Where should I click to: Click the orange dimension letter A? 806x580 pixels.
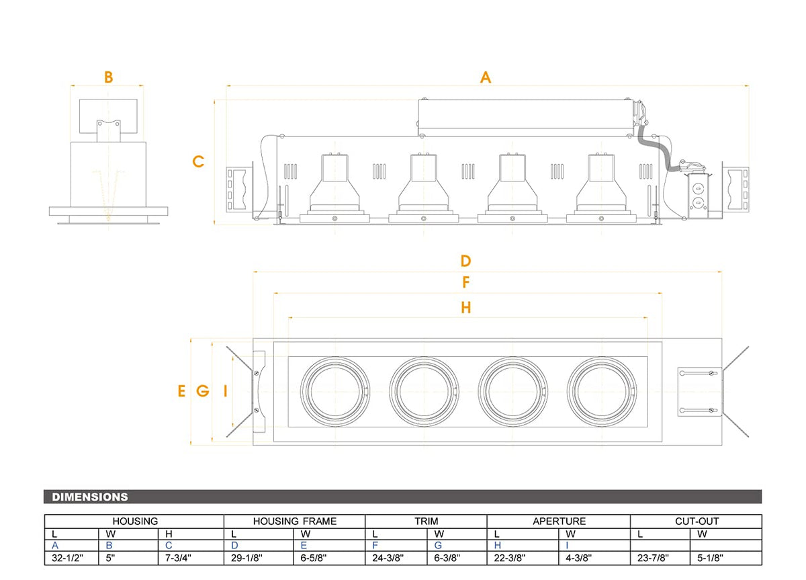(x=486, y=77)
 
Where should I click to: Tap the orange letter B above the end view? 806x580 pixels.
(x=109, y=77)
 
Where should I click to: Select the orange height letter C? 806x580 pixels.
(x=198, y=161)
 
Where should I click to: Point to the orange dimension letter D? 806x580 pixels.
(x=465, y=261)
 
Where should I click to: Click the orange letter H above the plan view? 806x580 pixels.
(x=465, y=308)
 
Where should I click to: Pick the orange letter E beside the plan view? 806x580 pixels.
(x=181, y=391)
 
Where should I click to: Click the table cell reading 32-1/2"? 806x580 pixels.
(x=67, y=558)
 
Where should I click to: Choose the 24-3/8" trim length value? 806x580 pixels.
(x=388, y=558)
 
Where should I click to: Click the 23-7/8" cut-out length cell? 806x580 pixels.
(x=653, y=558)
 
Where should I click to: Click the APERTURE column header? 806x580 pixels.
(x=559, y=521)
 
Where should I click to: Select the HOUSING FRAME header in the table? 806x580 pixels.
(x=295, y=521)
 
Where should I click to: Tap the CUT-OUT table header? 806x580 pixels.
(x=697, y=521)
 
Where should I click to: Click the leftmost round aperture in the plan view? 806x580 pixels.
(x=335, y=390)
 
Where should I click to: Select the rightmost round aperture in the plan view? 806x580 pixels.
(x=602, y=390)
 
